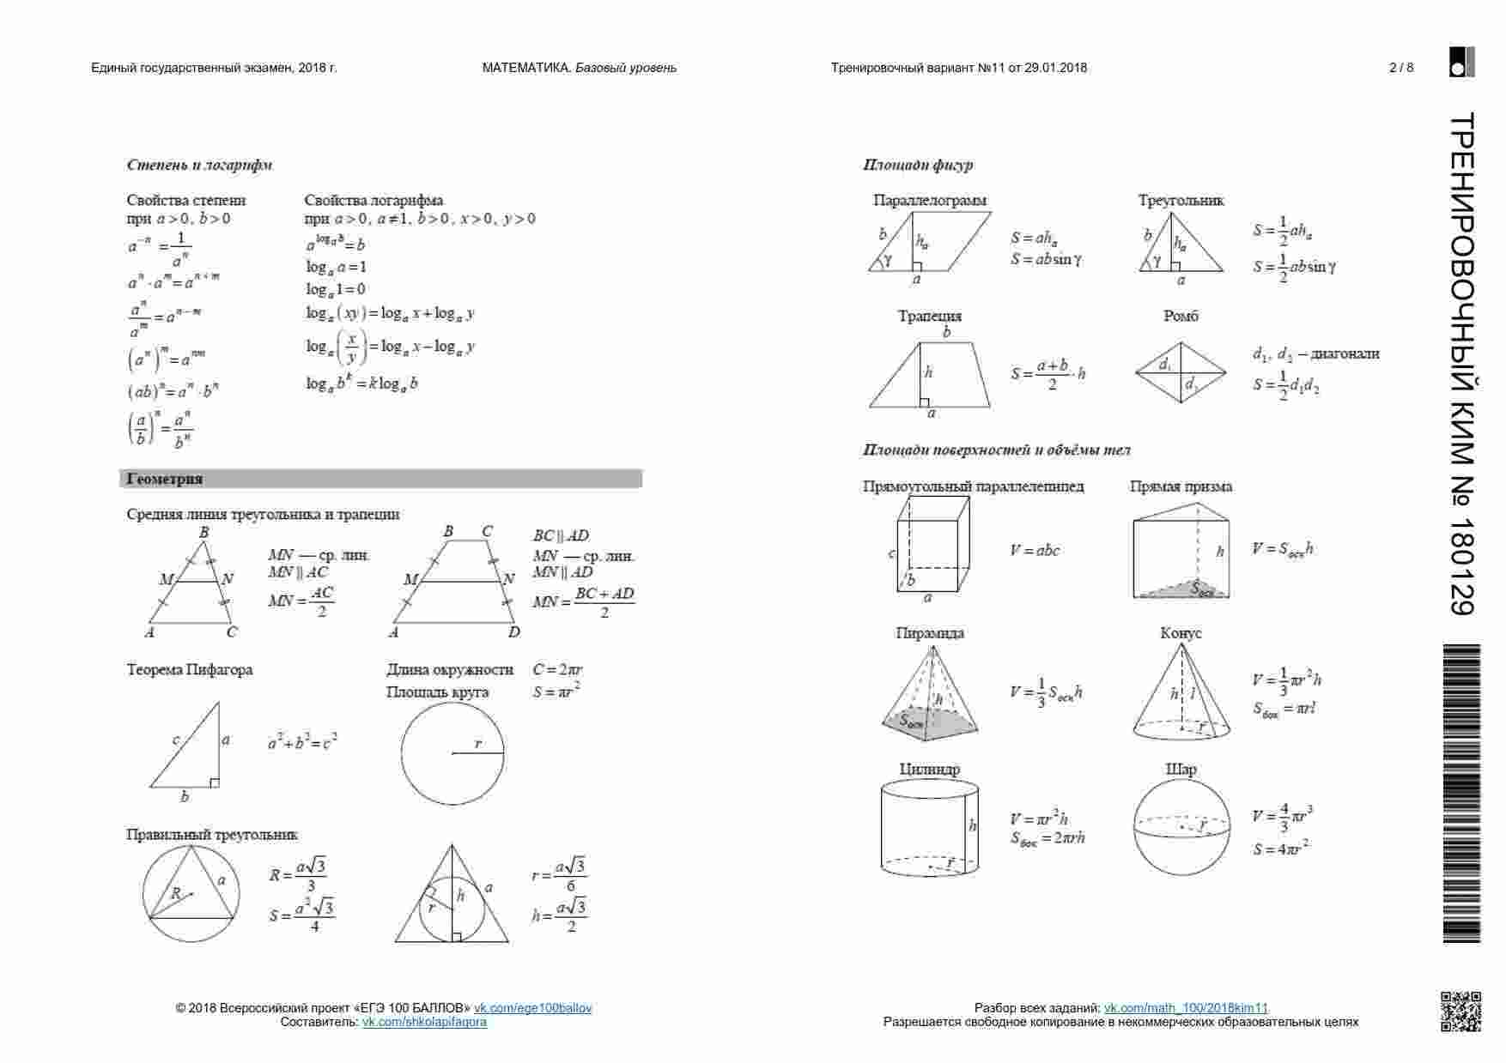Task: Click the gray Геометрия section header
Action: click(380, 479)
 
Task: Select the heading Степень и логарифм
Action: click(199, 165)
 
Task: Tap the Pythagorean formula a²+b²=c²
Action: click(302, 741)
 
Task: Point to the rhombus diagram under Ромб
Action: click(1181, 373)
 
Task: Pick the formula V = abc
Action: click(1035, 551)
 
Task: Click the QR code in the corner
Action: click(1460, 1011)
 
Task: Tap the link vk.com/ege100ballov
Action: click(533, 1008)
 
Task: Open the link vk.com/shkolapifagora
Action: click(424, 1022)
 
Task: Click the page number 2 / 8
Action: click(1401, 68)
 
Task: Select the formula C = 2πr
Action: click(558, 670)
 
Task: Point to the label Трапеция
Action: click(930, 316)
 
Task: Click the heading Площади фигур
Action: click(918, 165)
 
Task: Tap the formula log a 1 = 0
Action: click(336, 290)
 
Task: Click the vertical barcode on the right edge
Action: click(1460, 794)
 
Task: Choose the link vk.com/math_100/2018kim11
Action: click(1186, 1008)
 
